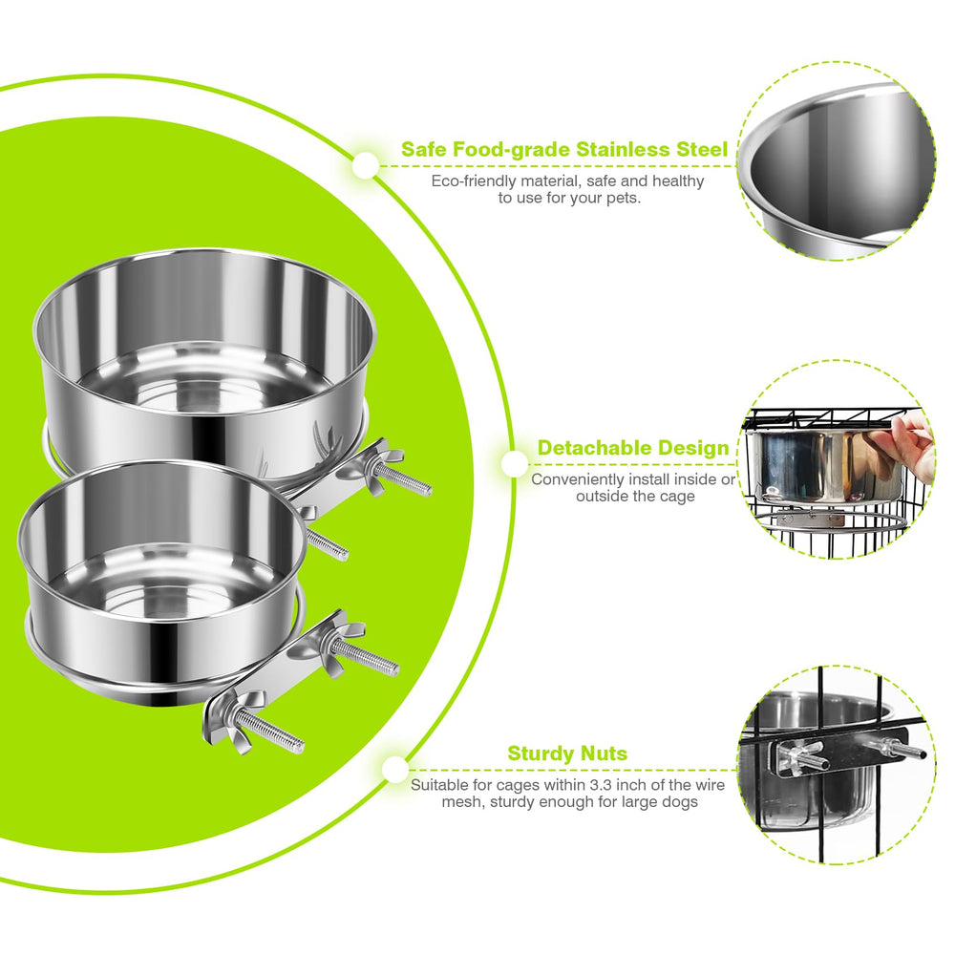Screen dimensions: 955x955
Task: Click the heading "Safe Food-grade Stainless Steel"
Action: (564, 150)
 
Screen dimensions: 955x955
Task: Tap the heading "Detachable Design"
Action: (633, 448)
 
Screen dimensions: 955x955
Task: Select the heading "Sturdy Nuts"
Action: (567, 753)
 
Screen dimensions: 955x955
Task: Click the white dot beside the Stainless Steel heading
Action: (366, 165)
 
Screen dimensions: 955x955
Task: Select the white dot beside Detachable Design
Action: (516, 464)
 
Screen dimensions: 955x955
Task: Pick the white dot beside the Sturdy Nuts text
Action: (396, 770)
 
